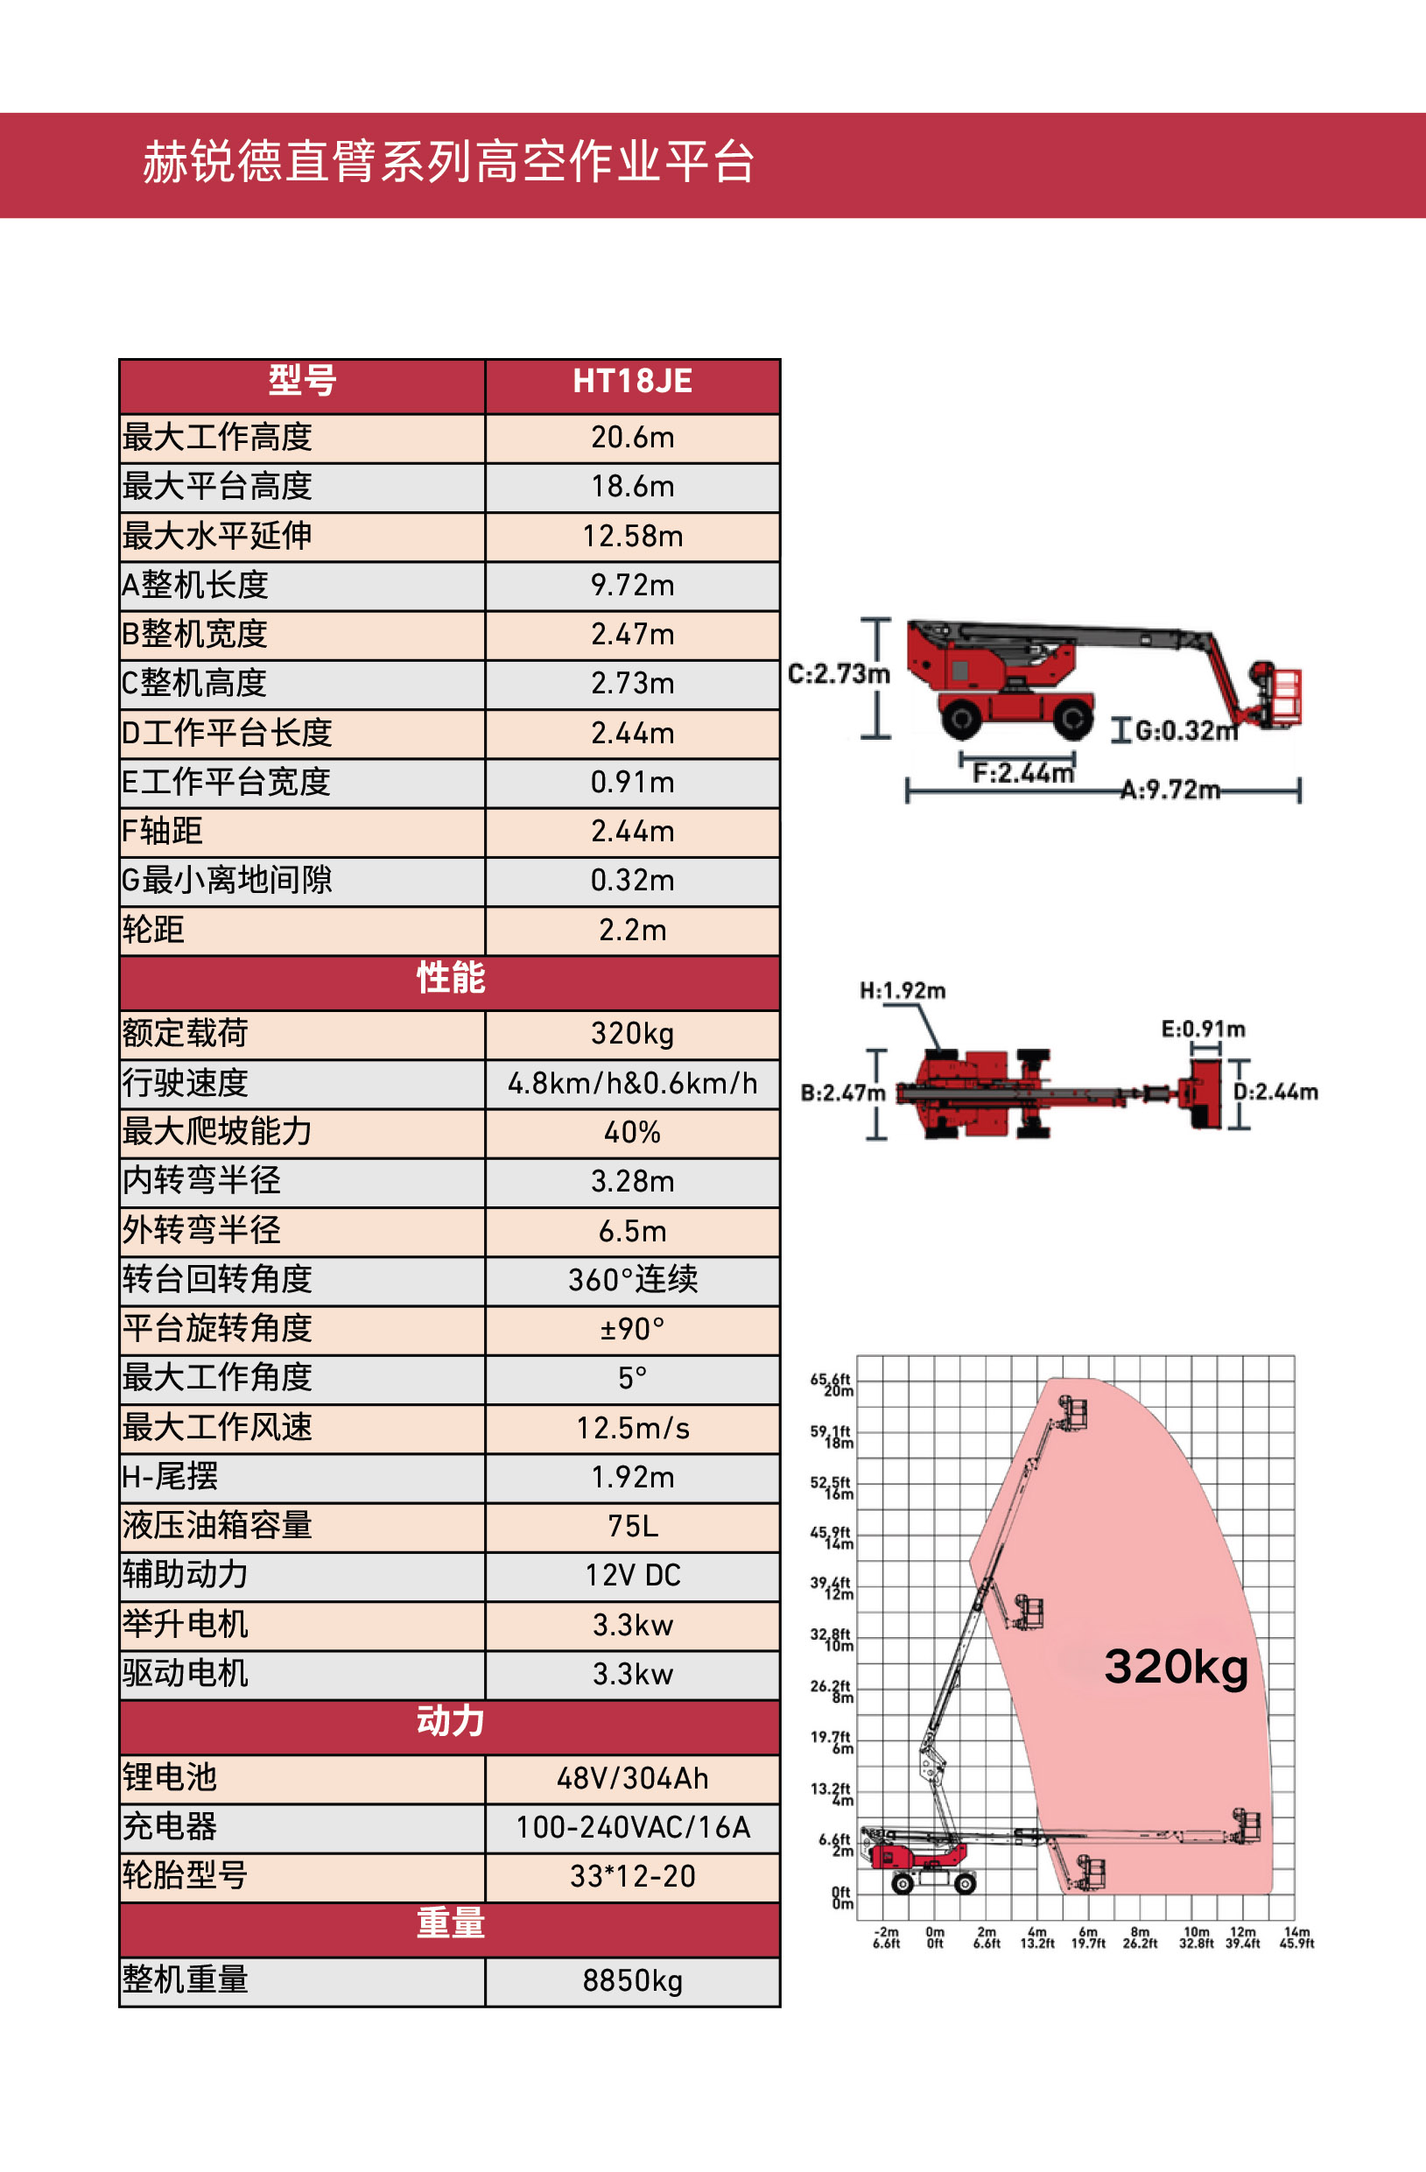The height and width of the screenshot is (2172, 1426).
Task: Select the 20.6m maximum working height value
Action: click(632, 438)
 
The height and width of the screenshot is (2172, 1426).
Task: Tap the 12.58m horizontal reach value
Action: click(632, 537)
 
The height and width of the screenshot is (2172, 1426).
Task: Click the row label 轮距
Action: click(153, 930)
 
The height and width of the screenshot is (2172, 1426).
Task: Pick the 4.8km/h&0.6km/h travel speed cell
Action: click(632, 1083)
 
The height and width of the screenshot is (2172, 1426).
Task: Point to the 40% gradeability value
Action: click(632, 1133)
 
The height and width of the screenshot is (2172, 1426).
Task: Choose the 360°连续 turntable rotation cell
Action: click(632, 1279)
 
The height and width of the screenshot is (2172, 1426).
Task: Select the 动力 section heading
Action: click(451, 1721)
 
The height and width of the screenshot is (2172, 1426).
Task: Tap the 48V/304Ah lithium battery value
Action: click(632, 1778)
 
